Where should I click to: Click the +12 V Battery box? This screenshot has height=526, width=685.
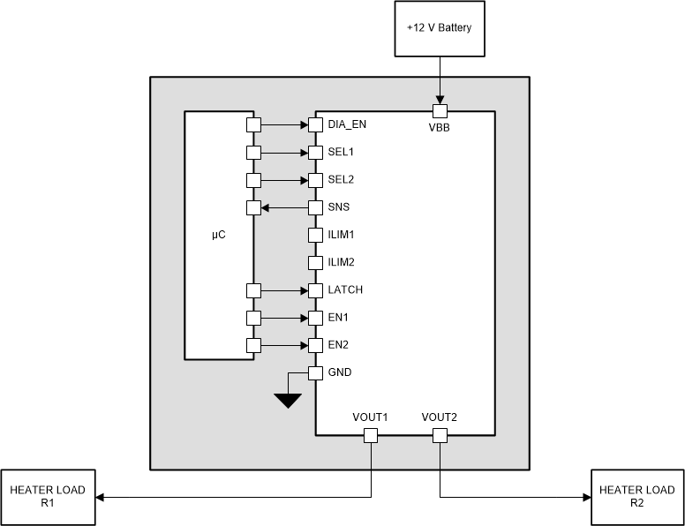pyautogui.click(x=440, y=27)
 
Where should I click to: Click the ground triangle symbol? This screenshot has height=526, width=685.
pyautogui.click(x=288, y=401)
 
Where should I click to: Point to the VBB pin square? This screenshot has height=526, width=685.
pyautogui.click(x=440, y=111)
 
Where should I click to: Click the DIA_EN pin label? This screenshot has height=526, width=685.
pyautogui.click(x=347, y=124)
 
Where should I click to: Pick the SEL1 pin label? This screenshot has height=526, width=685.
pyautogui.click(x=341, y=153)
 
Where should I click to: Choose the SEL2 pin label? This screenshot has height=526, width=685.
pyautogui.click(x=341, y=180)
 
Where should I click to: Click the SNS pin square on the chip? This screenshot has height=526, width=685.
pyautogui.click(x=315, y=208)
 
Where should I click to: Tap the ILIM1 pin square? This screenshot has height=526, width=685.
pyautogui.click(x=315, y=236)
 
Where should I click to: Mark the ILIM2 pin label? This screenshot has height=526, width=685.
pyautogui.click(x=342, y=263)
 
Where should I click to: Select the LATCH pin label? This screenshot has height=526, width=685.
pyautogui.click(x=344, y=290)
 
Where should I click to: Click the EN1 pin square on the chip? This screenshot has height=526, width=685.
pyautogui.click(x=315, y=318)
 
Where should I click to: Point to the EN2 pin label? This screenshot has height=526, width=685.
pyautogui.click(x=339, y=345)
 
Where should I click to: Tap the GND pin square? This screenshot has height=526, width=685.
pyautogui.click(x=315, y=372)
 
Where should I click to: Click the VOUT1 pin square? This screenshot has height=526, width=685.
pyautogui.click(x=371, y=435)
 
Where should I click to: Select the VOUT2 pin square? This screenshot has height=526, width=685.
pyautogui.click(x=440, y=435)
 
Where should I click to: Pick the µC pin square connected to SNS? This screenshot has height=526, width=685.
pyautogui.click(x=254, y=208)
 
